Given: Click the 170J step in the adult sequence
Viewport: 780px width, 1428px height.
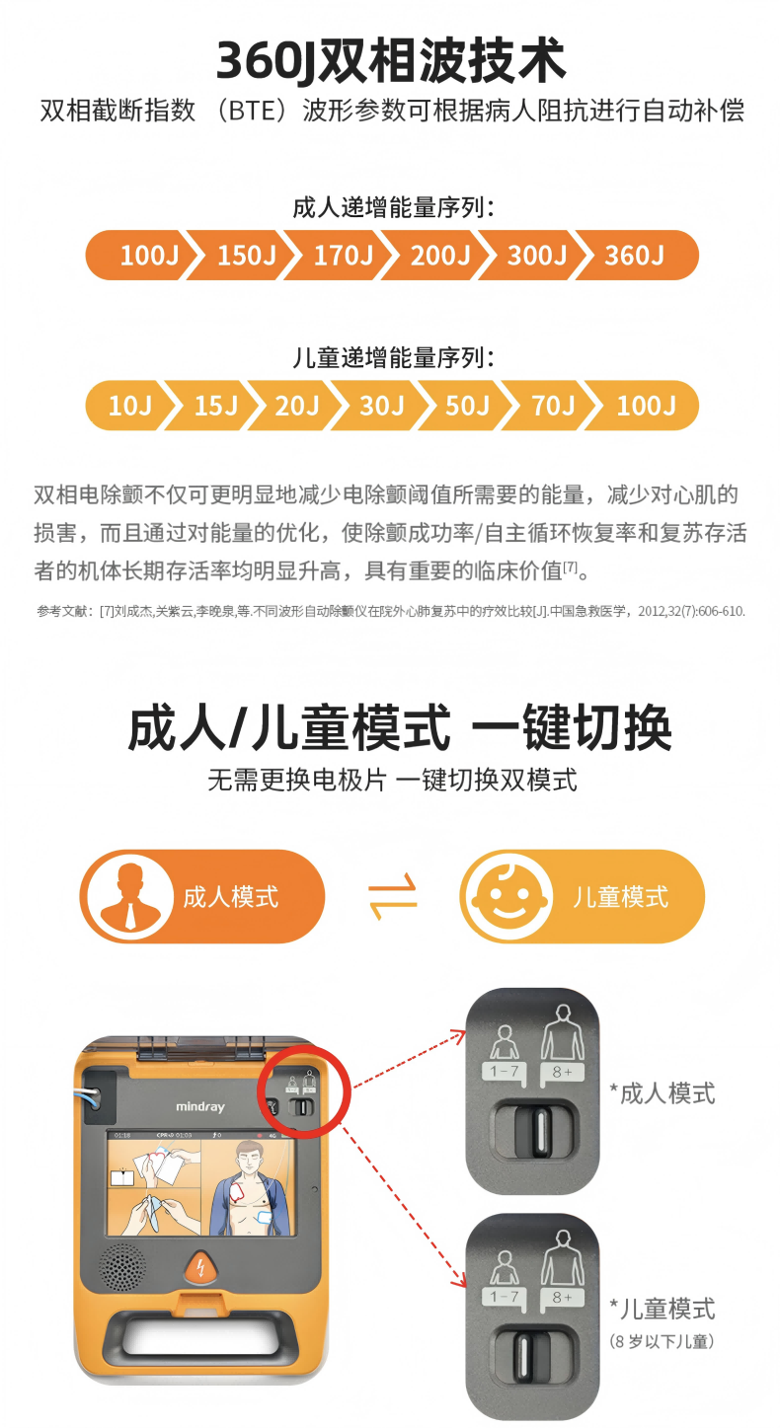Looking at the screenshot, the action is click(x=344, y=256).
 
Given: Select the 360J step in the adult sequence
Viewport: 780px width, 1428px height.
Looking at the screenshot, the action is click(x=635, y=256).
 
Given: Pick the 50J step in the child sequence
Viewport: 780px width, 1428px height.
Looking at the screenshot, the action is click(x=467, y=406).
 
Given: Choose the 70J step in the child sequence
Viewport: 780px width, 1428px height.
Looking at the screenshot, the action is click(x=553, y=406).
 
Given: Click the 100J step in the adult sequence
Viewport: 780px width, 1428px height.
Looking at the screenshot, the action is click(x=149, y=256).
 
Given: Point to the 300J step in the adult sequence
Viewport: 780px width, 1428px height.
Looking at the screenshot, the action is click(x=537, y=256).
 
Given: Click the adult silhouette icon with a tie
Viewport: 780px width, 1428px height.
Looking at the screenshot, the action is click(x=130, y=896).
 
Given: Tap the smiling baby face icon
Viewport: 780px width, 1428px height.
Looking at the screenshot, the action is click(x=509, y=896).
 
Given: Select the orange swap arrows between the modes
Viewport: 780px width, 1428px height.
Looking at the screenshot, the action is click(x=392, y=896).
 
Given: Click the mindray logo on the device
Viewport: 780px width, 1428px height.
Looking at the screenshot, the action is click(x=200, y=1106).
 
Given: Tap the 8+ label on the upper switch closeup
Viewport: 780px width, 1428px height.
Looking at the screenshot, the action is click(x=562, y=1072).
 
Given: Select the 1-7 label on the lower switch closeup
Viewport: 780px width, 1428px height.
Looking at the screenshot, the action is click(x=504, y=1296).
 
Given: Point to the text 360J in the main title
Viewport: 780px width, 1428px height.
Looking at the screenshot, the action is click(x=266, y=60).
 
